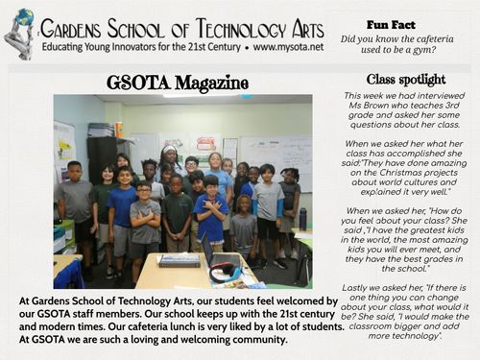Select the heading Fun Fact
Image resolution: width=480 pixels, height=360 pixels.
pyautogui.click(x=390, y=23)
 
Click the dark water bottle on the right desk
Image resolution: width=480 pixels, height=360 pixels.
pyautogui.click(x=302, y=219)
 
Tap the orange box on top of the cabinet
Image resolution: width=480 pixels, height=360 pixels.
pyautogui.click(x=118, y=128)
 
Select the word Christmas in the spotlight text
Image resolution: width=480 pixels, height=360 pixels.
pyautogui.click(x=387, y=175)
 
